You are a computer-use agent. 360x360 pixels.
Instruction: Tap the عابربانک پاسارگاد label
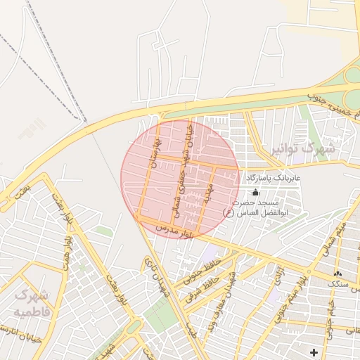pyautogui.click(x=274, y=179)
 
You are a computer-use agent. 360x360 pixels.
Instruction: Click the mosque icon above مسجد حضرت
pyautogui.click(x=255, y=191)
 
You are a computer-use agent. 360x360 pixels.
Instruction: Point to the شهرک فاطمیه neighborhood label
pyautogui.click(x=31, y=302)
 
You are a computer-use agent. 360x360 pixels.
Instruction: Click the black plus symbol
pyautogui.click(x=314, y=351)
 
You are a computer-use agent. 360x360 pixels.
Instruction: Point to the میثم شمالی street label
pyautogui.click(x=335, y=235)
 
